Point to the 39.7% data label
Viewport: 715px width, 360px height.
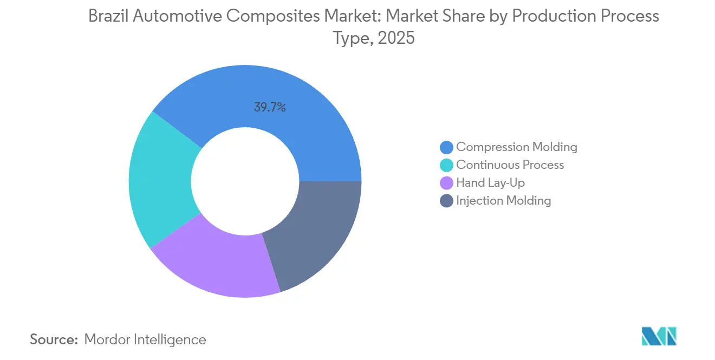[x=270, y=107]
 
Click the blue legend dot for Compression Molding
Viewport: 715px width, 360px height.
[x=447, y=147]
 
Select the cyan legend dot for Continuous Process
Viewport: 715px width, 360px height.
[x=447, y=165]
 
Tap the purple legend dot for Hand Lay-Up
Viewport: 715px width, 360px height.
[x=447, y=183]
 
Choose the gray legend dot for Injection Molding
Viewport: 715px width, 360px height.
[x=447, y=201]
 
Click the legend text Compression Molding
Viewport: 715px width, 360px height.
[x=516, y=147]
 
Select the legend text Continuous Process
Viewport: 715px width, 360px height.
[x=510, y=165]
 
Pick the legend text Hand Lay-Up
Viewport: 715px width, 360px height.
[x=490, y=183]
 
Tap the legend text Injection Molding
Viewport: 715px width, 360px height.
[x=503, y=200]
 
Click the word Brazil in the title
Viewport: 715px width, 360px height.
[x=107, y=16]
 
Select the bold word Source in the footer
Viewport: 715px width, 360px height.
[x=54, y=339]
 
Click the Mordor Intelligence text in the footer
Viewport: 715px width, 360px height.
[x=145, y=339]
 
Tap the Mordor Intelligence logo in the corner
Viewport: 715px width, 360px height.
[x=659, y=336]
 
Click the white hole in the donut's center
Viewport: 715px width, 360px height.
[x=245, y=181]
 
